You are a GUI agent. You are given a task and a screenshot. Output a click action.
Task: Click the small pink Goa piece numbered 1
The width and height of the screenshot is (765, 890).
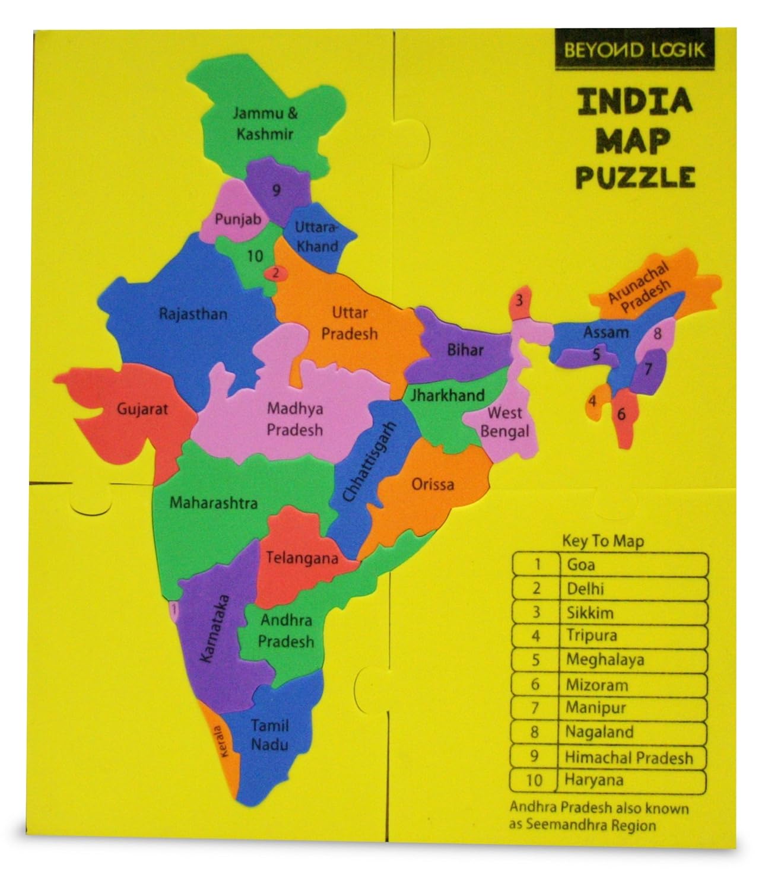tap(173, 609)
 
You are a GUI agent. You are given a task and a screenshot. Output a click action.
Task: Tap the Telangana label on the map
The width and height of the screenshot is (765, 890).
tap(301, 558)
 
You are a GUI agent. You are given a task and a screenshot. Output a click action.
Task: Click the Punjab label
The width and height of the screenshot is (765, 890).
tap(238, 219)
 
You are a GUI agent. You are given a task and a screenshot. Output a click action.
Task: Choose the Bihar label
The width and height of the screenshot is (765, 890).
tap(465, 349)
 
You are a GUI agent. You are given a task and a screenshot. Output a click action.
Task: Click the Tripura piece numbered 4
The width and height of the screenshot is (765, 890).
tap(592, 401)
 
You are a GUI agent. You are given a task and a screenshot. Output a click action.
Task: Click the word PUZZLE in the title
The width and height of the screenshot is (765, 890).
tap(635, 176)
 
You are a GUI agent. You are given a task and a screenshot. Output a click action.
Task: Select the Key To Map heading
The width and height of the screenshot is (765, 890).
tap(602, 541)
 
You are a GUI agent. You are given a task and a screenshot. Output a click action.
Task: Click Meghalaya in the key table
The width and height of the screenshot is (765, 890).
tap(605, 660)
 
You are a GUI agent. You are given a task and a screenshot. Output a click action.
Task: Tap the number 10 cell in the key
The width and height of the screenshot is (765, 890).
tap(534, 780)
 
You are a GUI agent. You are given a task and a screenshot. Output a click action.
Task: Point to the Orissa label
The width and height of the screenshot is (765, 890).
tap(433, 484)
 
